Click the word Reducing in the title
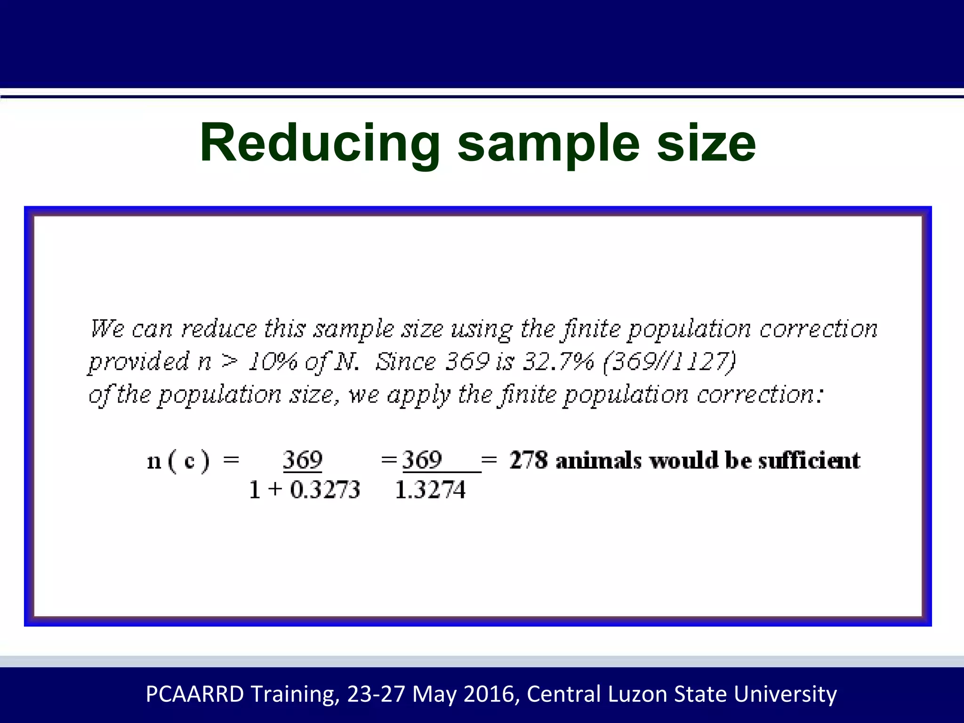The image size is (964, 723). (x=320, y=144)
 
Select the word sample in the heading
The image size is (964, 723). (x=548, y=144)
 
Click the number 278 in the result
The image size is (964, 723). (x=529, y=460)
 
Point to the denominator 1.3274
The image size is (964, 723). (x=430, y=490)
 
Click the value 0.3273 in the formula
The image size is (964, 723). (x=325, y=490)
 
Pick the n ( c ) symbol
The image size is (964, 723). (x=178, y=461)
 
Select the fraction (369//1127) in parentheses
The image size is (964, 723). (x=669, y=362)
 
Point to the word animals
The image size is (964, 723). (x=598, y=460)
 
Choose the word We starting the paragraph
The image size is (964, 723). (x=107, y=329)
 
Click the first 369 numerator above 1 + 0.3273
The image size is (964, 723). (x=303, y=460)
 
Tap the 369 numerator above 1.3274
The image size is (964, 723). (x=422, y=460)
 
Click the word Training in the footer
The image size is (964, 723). (x=294, y=694)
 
